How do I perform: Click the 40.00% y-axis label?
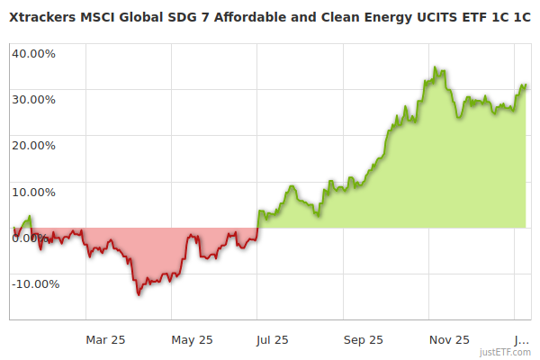point(33,52)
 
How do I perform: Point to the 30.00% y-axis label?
point(33,99)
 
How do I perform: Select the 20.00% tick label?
point(33,145)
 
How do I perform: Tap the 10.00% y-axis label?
point(33,191)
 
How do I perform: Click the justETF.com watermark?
point(505,352)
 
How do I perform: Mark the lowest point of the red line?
point(139,294)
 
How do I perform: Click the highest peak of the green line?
point(435,67)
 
